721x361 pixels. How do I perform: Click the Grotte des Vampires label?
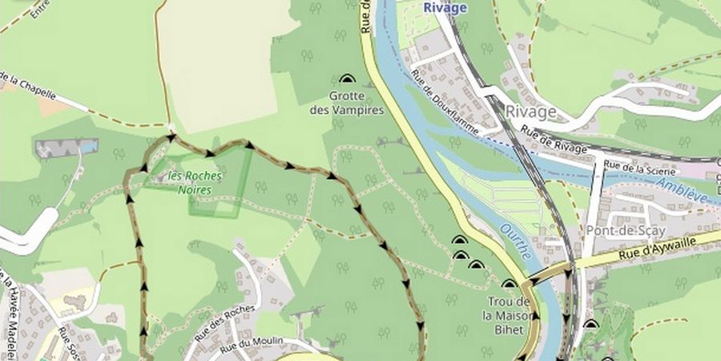[x=347, y=103]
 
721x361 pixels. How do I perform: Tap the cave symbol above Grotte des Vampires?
[x=347, y=79]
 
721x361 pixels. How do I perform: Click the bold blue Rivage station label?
[x=445, y=7]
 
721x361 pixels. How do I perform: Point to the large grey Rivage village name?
[x=530, y=112]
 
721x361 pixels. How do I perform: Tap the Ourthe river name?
[x=515, y=241]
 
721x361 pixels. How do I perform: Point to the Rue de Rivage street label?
[x=553, y=137]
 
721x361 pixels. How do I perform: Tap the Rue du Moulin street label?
[x=253, y=343]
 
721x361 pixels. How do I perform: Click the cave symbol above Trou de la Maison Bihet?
[x=509, y=283]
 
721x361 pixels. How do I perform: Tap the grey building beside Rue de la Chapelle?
[x=66, y=148]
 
